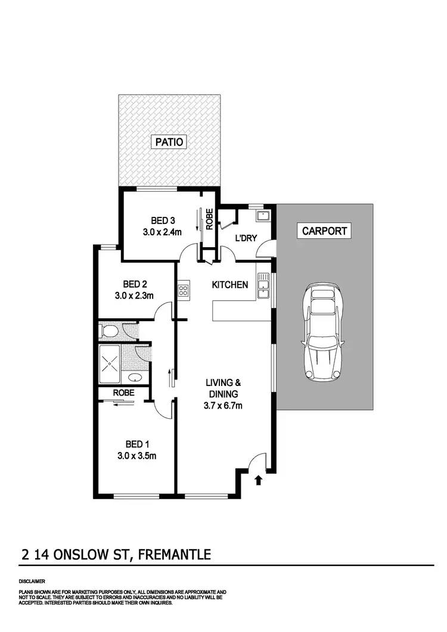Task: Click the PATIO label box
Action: [169, 142]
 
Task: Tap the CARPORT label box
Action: [325, 231]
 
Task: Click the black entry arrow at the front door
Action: [258, 480]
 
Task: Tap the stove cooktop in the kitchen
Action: [184, 291]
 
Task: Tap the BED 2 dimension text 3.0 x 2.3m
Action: [135, 295]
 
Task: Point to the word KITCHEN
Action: [230, 285]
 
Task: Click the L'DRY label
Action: [246, 238]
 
